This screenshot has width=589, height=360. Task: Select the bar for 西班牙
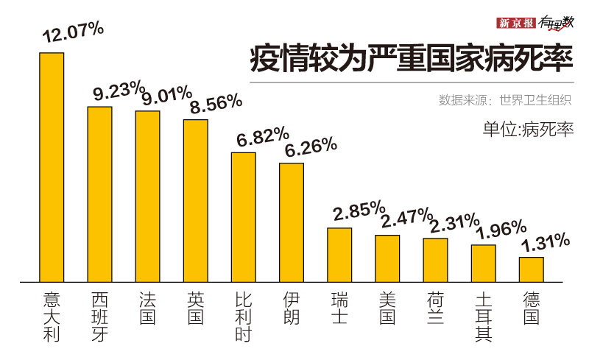click(x=99, y=194)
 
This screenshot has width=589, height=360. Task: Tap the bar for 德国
click(x=531, y=269)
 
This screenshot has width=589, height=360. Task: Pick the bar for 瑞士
click(x=339, y=255)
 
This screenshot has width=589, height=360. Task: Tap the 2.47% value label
click(x=406, y=217)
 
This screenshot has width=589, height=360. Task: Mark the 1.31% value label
click(x=546, y=241)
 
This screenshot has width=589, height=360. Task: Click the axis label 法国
click(x=147, y=308)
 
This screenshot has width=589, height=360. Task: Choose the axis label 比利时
click(x=244, y=317)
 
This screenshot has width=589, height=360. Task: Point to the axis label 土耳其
click(x=483, y=317)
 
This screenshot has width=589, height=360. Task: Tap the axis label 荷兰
click(x=435, y=308)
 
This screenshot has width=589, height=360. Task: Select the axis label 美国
click(x=387, y=308)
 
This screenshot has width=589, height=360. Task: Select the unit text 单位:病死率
click(x=528, y=130)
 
